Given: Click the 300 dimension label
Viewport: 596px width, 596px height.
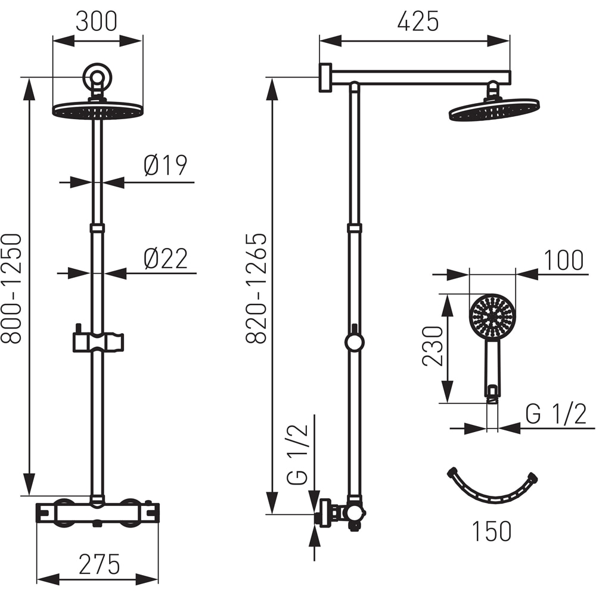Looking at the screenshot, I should (x=97, y=21).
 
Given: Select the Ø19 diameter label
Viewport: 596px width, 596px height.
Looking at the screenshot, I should (x=165, y=165).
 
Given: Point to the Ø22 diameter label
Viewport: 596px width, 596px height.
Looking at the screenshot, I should (x=165, y=259).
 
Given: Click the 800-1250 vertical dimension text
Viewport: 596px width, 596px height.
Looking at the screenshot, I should (x=12, y=288).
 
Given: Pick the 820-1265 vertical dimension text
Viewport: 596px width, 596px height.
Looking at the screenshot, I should (x=256, y=288).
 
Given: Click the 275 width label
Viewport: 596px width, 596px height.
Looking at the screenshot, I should (x=98, y=563).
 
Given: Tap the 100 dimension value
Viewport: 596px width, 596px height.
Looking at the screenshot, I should (x=563, y=260).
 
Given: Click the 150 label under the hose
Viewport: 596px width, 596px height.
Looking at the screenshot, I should (x=492, y=530).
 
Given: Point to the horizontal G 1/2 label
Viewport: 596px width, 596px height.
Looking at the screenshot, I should (x=556, y=414).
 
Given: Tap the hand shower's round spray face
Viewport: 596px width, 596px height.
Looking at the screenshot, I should (x=492, y=316).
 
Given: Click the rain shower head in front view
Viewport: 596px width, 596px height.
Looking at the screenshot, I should (x=98, y=111).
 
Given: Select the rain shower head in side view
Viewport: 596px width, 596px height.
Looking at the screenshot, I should (x=493, y=110).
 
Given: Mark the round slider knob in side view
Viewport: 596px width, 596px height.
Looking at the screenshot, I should (x=354, y=342).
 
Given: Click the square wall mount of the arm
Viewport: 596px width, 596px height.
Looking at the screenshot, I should (x=325, y=77).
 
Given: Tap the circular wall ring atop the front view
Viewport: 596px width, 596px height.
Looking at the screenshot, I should (x=97, y=77).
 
